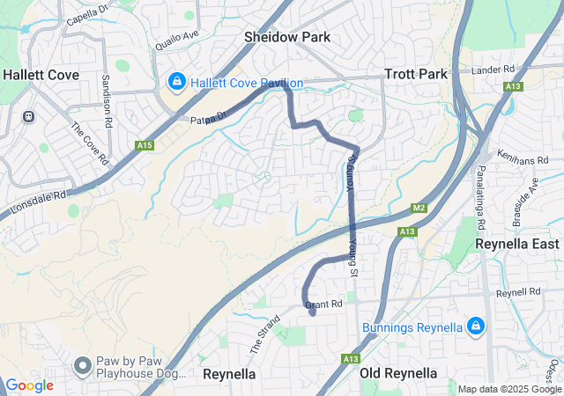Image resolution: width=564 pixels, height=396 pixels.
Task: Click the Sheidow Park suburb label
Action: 287,37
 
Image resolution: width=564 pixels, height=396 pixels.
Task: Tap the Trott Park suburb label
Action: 416,74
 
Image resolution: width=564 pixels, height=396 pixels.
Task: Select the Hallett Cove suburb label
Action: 41,75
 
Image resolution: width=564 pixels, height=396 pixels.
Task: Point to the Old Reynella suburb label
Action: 398,373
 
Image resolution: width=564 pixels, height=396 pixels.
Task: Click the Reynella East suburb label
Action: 516,243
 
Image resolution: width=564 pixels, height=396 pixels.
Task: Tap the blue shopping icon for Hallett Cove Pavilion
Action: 177,83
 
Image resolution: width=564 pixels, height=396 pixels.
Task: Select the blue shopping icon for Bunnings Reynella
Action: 475,327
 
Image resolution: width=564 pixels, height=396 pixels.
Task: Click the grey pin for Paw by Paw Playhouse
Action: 83,364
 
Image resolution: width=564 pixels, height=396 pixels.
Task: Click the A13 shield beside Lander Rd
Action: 513,86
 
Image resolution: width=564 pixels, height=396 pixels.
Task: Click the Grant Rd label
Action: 323,304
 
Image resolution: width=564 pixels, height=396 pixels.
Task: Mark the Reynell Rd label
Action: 517,291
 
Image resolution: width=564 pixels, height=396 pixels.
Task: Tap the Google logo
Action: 29,385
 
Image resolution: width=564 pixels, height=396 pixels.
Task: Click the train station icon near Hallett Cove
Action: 28,115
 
